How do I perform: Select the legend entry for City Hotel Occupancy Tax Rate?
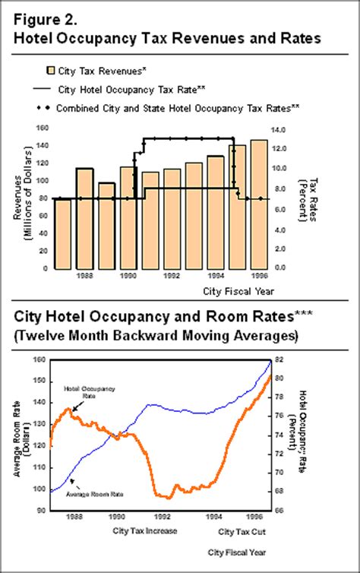click(x=141, y=90)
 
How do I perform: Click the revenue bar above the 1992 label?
click(x=172, y=218)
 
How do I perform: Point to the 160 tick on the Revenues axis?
click(x=42, y=128)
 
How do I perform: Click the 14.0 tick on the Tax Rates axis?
click(x=280, y=128)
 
